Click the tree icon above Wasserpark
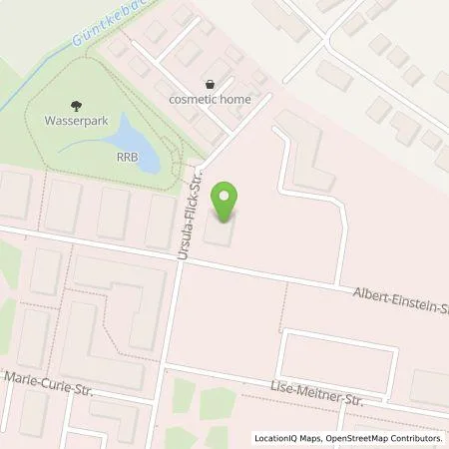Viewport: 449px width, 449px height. point(76,102)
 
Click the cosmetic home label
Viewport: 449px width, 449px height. point(210,99)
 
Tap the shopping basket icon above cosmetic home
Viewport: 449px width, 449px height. point(210,84)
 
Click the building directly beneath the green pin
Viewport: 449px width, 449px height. point(221,235)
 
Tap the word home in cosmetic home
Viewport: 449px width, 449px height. point(235,99)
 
